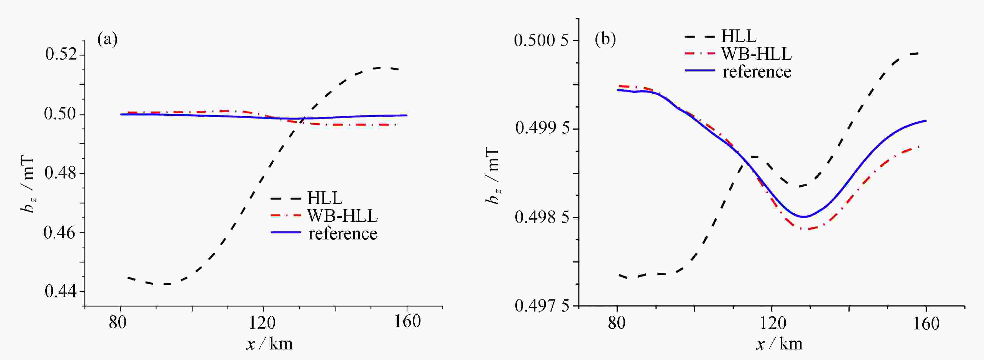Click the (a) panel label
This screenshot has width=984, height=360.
[107, 39]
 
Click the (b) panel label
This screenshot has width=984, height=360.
[605, 39]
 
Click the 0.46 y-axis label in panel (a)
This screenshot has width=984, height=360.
[60, 232]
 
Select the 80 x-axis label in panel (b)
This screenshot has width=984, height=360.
[616, 324]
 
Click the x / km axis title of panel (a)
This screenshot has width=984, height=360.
[270, 344]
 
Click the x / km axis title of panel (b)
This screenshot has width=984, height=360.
[779, 344]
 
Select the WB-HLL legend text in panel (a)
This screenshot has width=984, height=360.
[342, 216]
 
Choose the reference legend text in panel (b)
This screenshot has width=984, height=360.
[757, 72]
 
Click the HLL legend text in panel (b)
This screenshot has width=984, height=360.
[738, 36]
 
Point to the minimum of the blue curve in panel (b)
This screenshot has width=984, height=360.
[804, 217]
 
